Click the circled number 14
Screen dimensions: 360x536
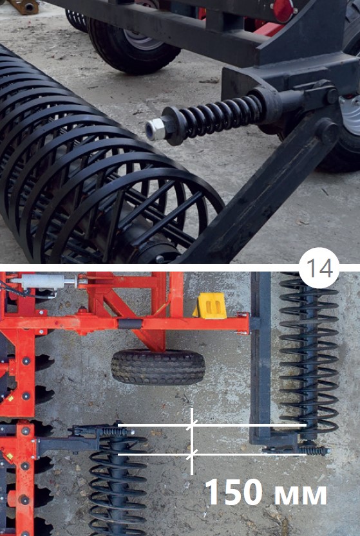[319, 268]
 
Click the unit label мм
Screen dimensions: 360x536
[301, 495]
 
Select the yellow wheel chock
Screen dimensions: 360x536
[209, 306]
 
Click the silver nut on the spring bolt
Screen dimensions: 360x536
[155, 129]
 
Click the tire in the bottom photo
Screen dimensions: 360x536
[158, 367]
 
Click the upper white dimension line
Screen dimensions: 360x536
[212, 425]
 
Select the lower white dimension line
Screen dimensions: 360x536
[212, 454]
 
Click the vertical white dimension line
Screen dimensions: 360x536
[192, 441]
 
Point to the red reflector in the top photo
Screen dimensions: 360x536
[283, 11]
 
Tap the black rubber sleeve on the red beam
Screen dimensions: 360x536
[130, 324]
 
